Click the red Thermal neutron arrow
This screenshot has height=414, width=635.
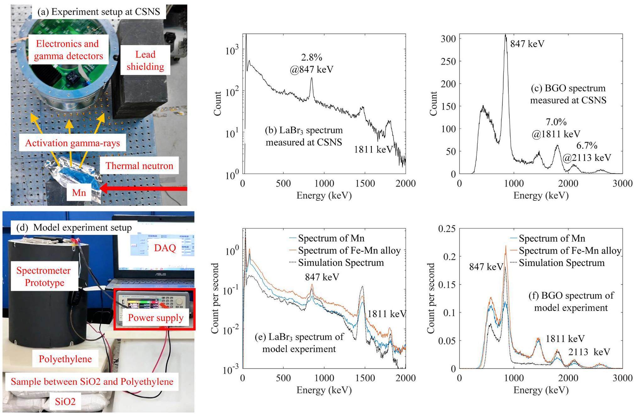[x=144, y=189]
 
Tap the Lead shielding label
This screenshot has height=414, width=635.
[x=145, y=60]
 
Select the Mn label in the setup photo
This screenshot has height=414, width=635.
[x=79, y=192]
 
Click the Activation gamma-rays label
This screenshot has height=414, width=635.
[x=73, y=143]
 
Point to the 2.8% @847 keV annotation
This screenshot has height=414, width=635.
[x=312, y=63]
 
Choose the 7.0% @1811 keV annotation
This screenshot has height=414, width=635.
[x=556, y=128]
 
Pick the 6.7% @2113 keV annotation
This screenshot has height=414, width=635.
[x=587, y=151]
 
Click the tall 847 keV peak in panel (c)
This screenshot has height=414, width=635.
[x=505, y=36]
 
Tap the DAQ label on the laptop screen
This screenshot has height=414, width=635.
[x=165, y=248]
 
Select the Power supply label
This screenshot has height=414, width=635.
[x=155, y=318]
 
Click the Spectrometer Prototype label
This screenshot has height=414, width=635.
[x=44, y=276]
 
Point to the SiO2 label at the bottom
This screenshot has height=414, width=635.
[x=65, y=401]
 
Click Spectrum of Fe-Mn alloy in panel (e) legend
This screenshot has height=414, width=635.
[x=349, y=250]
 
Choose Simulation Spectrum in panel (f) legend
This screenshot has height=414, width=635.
[x=562, y=263]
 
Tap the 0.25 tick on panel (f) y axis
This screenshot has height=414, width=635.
[x=447, y=229]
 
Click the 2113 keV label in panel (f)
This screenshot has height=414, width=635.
[x=589, y=352]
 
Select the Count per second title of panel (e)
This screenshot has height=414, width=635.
[x=215, y=298]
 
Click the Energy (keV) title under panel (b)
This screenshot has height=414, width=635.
[x=324, y=195]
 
